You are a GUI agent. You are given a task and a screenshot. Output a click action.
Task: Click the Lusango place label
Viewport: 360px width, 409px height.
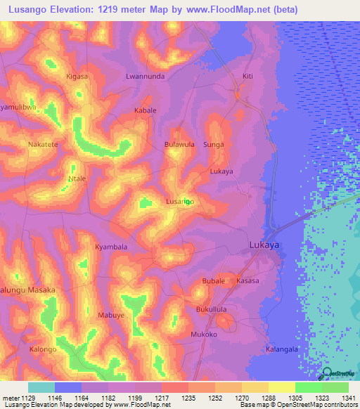pos(179,202)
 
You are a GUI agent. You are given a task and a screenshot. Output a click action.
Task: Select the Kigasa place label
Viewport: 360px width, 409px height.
pos(77,76)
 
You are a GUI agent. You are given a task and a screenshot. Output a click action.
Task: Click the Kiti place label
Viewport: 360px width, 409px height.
pos(247,76)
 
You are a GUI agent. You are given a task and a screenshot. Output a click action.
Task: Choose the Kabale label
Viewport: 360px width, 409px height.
pos(145,111)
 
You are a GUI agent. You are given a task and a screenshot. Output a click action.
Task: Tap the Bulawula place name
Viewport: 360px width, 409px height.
pos(179,144)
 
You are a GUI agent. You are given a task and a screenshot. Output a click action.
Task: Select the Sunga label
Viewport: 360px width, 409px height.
pos(213,144)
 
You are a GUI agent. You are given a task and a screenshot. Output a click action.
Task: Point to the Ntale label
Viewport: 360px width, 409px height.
pos(76,178)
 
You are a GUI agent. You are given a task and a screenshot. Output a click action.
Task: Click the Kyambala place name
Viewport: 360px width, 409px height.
pos(111,247)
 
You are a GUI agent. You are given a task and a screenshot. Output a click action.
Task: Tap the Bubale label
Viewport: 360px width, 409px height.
pos(213,281)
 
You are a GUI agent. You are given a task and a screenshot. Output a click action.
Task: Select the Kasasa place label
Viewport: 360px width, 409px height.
pos(247,281)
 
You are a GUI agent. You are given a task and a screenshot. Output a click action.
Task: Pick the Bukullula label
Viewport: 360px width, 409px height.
pos(213,309)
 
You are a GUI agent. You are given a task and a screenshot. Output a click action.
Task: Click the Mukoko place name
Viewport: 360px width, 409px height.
pos(204,335)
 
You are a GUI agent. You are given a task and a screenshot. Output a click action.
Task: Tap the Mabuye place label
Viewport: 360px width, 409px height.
pos(111,316)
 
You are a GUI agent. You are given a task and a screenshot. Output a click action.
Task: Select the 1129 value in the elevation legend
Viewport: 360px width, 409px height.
pos(28,398)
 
